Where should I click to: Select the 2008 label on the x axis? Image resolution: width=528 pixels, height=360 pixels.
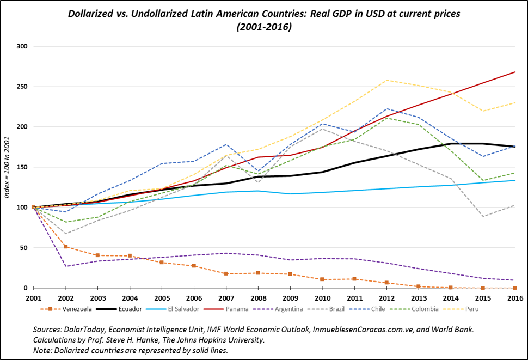pos(258,298)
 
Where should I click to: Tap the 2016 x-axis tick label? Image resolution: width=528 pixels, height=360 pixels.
pos(514,298)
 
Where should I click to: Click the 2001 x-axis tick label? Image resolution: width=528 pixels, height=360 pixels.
pos(33,298)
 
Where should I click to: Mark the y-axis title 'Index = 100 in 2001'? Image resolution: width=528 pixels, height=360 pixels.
pos(8,167)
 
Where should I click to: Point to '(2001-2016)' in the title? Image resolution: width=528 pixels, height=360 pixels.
pos(264,27)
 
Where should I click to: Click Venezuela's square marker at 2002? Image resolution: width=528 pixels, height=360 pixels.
pos(65,247)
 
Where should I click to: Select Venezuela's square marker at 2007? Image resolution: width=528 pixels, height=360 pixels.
pos(226,273)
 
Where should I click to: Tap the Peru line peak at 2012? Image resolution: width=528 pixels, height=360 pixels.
pos(386,80)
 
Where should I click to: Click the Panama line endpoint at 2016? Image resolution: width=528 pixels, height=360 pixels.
pos(515,72)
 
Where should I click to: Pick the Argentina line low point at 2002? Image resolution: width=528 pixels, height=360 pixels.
pos(65,266)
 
